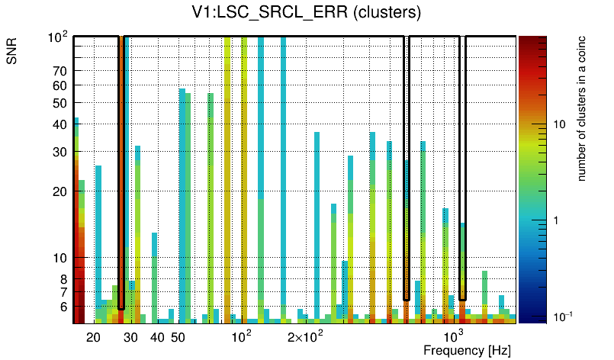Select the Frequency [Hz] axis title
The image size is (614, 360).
point(467,350)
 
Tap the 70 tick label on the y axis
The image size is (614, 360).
point(60,71)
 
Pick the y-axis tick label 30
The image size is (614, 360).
point(60,152)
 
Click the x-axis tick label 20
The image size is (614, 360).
point(94,337)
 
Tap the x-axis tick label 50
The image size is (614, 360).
point(178,337)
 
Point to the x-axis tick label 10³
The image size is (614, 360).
point(454,336)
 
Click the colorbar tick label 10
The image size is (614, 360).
point(558,124)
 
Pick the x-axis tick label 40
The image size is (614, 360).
point(157,337)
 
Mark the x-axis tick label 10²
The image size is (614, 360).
point(242,336)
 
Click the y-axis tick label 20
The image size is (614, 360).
point(60,191)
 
